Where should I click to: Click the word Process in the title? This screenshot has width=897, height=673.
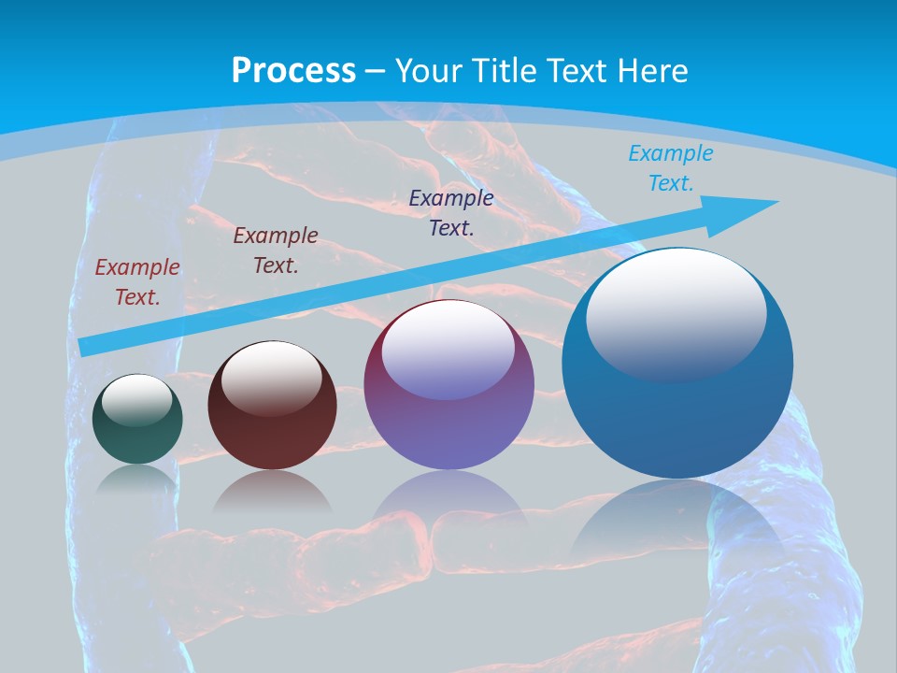293,71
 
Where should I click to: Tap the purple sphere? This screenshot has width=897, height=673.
448,421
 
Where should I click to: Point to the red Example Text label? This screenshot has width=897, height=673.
137,282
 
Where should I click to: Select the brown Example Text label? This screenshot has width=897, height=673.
276,251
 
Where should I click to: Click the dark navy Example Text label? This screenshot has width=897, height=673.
451,212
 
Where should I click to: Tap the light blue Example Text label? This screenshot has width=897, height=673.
671,168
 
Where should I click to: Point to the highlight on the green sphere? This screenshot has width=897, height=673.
137,400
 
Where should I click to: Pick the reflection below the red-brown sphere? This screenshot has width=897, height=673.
272,491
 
